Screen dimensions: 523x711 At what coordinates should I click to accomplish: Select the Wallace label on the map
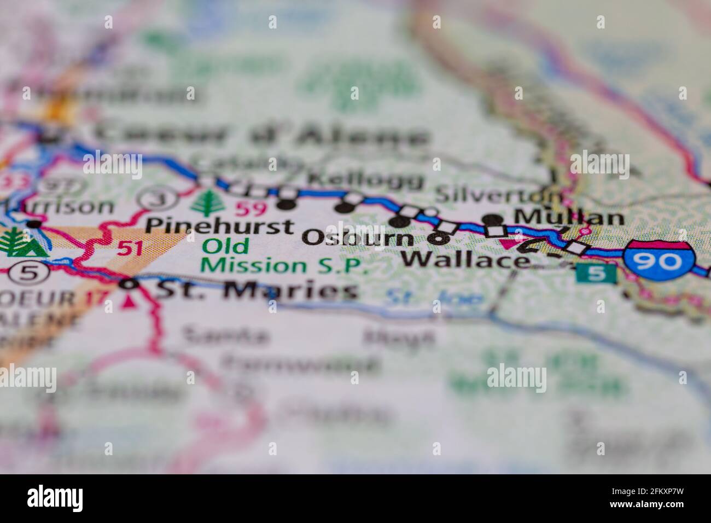pos(465,259)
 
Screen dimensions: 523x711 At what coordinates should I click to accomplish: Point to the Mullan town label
pos(569,217)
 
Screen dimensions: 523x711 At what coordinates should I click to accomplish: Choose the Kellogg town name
pos(365,178)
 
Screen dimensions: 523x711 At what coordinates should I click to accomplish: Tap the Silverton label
pos(498,194)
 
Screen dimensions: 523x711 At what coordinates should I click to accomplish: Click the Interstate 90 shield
pos(660,260)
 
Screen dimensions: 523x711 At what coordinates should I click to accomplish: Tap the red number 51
pos(130,248)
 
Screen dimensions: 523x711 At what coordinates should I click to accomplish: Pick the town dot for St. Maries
pos(129,284)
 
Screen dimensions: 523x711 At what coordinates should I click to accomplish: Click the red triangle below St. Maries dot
pos(130,300)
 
